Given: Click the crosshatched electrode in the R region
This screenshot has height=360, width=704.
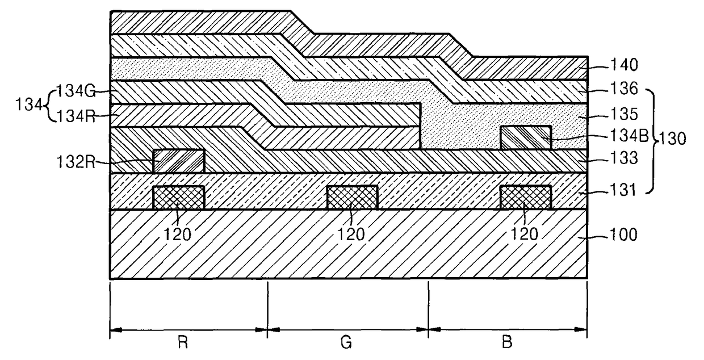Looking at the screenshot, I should click(x=178, y=198).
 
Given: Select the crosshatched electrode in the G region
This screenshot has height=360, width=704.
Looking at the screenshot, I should click(x=352, y=198).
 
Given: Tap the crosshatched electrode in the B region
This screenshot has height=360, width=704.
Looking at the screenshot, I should click(x=525, y=198).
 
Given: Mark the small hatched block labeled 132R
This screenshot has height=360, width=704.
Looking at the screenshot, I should click(x=178, y=161).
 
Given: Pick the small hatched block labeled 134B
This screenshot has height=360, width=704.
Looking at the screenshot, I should click(x=525, y=138).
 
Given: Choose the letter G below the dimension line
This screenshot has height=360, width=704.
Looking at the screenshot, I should click(x=347, y=344).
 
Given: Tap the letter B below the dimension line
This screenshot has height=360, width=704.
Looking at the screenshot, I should click(x=508, y=344).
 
